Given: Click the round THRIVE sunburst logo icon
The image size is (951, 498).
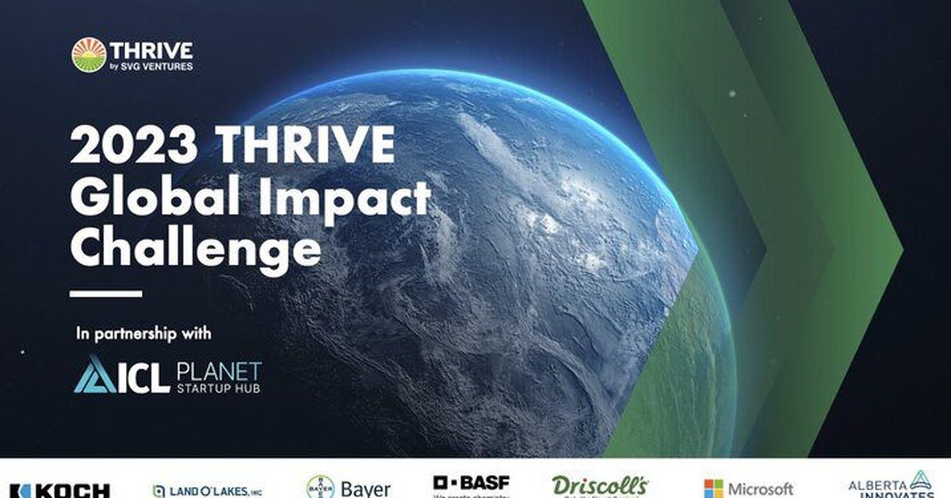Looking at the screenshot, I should pyautogui.click(x=89, y=55).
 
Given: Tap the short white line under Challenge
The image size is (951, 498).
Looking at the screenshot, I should pyautogui.click(x=105, y=293).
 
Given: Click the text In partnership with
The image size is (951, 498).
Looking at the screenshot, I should pyautogui.click(x=144, y=334).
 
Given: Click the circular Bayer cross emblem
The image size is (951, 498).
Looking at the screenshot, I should pyautogui.click(x=320, y=487).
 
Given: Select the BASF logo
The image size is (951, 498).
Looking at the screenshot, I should pyautogui.click(x=471, y=484).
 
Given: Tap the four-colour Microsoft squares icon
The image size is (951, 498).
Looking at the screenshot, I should pyautogui.click(x=713, y=488).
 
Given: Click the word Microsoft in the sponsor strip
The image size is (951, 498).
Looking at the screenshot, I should pyautogui.click(x=759, y=488).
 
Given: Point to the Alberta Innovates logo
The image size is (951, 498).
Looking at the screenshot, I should pyautogui.click(x=892, y=485).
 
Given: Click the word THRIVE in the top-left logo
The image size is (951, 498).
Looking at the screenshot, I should pyautogui.click(x=151, y=49).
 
